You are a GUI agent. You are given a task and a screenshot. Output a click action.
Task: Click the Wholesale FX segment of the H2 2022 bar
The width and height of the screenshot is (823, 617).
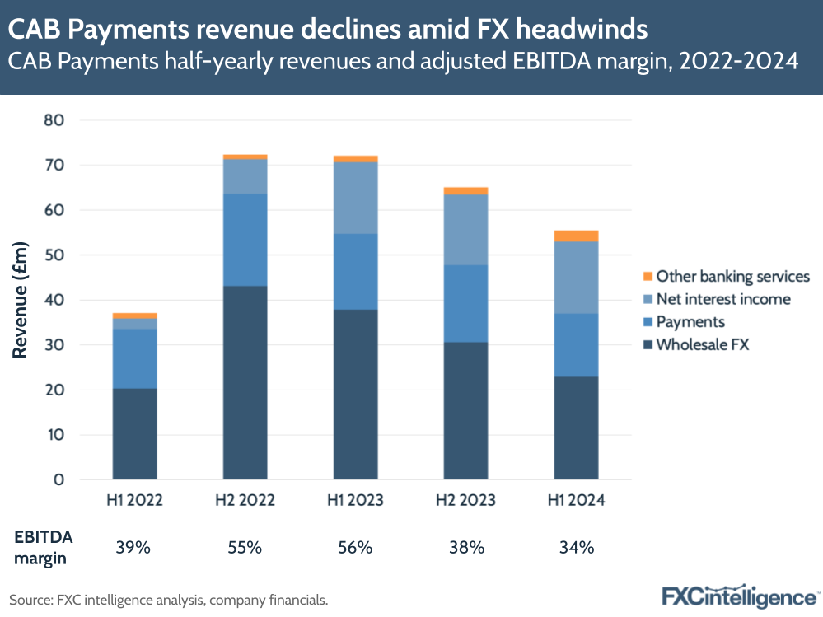point(245,382)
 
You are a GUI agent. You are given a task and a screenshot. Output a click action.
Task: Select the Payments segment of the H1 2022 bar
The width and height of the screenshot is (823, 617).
point(135,358)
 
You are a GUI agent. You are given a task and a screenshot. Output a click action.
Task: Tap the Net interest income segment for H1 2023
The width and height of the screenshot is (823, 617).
point(356,198)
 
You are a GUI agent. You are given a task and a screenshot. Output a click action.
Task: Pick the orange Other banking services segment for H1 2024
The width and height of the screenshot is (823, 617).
point(576,236)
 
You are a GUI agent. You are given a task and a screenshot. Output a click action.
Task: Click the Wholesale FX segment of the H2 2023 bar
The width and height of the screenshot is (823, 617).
point(465,410)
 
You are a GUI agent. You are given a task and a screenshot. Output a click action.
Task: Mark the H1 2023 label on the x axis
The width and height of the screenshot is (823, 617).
point(356,500)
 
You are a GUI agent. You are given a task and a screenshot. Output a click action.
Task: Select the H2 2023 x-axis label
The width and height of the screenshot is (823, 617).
point(465,500)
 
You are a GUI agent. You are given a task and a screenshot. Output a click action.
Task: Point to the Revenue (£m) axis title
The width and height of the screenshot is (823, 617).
point(21,300)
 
